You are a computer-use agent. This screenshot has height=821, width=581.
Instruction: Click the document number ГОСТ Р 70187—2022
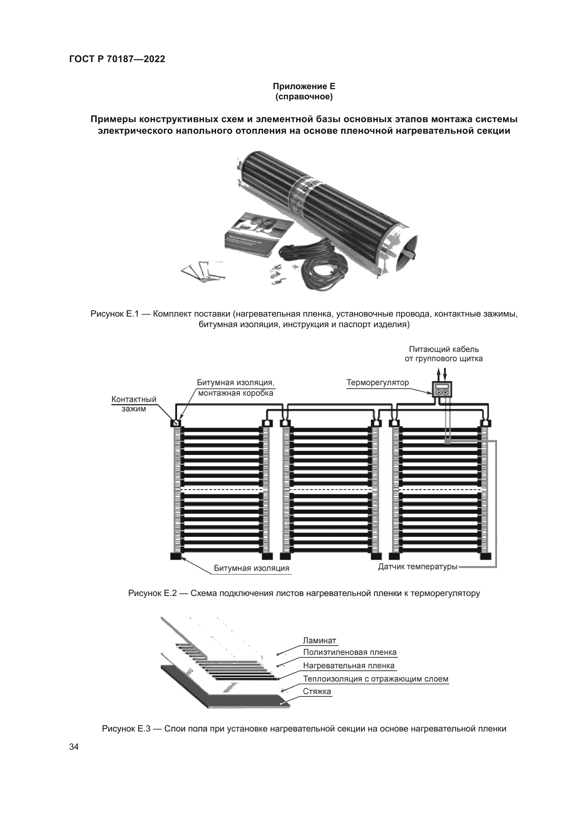pos(117,59)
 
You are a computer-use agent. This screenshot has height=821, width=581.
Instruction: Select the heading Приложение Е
pos(304,87)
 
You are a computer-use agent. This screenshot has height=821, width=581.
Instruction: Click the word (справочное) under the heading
pos(304,97)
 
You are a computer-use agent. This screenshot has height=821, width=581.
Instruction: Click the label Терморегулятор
pos(377,383)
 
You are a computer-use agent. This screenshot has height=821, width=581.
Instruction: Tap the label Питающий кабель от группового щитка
pos(444,354)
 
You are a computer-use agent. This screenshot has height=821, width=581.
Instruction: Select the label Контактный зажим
pos(134,404)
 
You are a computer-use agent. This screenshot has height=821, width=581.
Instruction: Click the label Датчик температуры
pos(418,567)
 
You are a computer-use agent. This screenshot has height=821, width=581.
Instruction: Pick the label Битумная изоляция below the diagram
pos(252,568)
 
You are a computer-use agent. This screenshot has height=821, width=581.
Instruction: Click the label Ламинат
pos(319,641)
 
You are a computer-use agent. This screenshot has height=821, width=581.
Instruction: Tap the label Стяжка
pos(316,691)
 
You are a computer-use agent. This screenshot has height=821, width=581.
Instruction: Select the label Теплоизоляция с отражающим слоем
pos(375,679)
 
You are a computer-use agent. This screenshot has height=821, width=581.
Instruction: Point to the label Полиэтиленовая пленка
pos(350,652)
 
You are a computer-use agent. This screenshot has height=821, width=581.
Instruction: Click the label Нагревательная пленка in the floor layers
pos(348,666)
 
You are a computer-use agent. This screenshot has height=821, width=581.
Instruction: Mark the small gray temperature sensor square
pos(447,442)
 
